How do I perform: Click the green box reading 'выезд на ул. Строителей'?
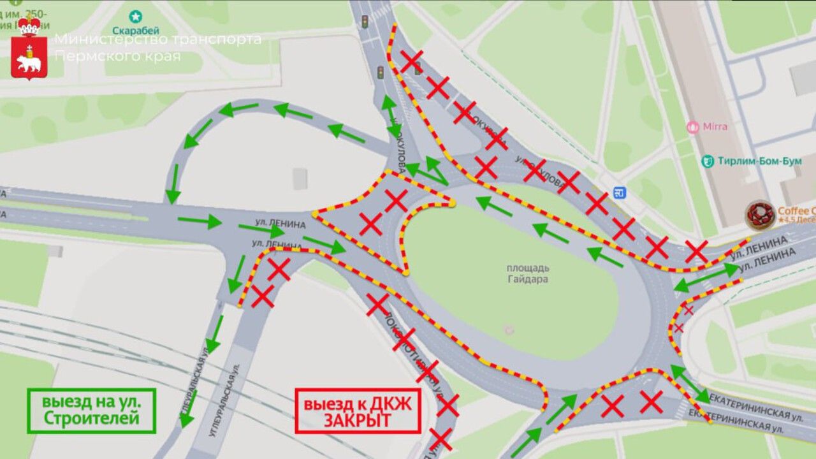(x=92, y=411)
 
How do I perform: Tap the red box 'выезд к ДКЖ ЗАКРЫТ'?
(x=357, y=411)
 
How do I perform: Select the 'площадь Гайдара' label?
(x=528, y=273)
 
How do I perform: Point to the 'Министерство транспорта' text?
(x=158, y=39)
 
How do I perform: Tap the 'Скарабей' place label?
(x=135, y=31)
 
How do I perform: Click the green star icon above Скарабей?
(x=135, y=17)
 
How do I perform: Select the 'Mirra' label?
(x=715, y=126)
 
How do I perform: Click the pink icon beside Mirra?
(x=693, y=127)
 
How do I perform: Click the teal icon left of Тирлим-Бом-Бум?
(x=707, y=161)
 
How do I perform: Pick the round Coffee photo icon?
(x=761, y=215)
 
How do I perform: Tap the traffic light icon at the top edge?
(x=365, y=21)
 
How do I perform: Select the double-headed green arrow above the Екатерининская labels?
(x=690, y=383)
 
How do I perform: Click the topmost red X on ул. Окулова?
(x=411, y=61)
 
